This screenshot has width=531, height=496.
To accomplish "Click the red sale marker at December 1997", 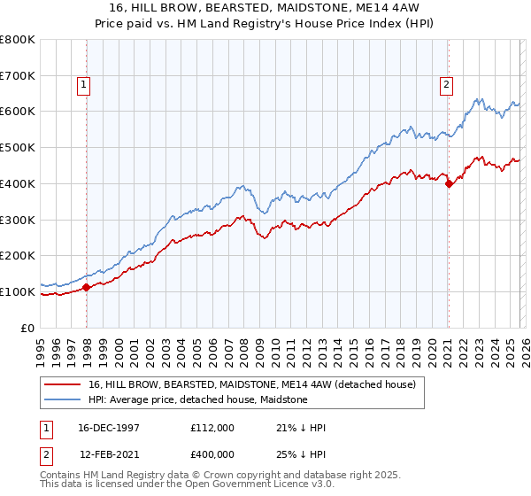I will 87,287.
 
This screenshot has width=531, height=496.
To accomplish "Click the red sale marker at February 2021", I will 449,183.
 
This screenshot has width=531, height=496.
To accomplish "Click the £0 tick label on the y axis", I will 27,328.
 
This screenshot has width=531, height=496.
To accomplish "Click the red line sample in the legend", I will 63,384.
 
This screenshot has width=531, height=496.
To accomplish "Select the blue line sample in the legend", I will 63,399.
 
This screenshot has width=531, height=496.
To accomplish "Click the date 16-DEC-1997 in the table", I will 109,428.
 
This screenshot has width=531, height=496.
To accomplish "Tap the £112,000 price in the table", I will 212,428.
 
